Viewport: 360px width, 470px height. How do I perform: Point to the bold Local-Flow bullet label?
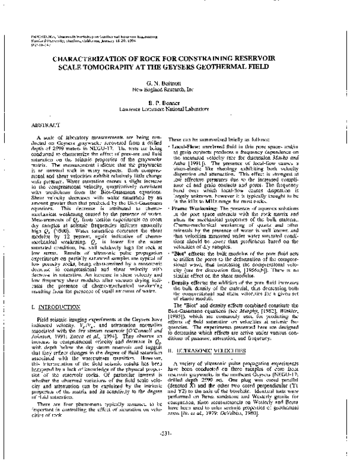tap(206, 146)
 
